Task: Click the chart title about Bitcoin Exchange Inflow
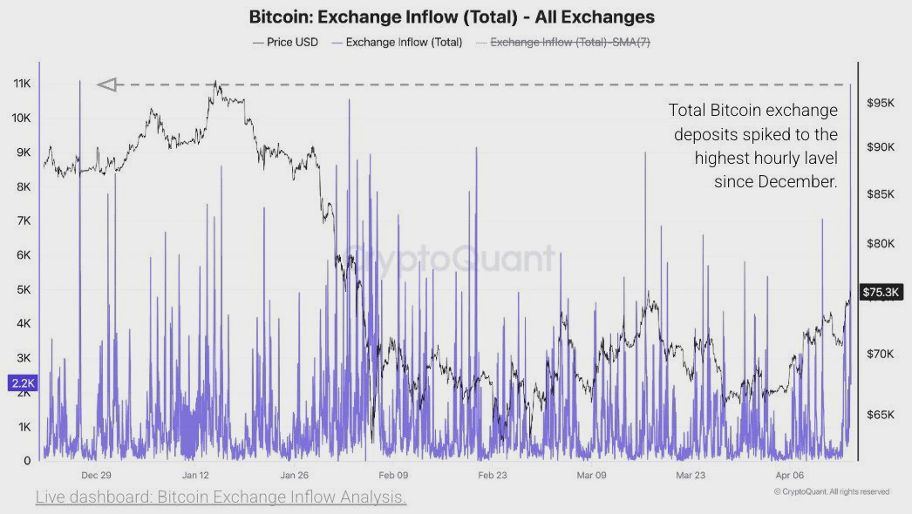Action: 452,17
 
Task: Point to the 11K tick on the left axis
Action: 23,84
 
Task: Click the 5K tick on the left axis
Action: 23,289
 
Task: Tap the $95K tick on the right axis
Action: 881,103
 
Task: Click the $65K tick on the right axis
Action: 881,414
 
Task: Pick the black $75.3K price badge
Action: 881,293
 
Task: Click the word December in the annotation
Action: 793,181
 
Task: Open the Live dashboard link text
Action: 221,497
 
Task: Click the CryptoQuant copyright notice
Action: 831,492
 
